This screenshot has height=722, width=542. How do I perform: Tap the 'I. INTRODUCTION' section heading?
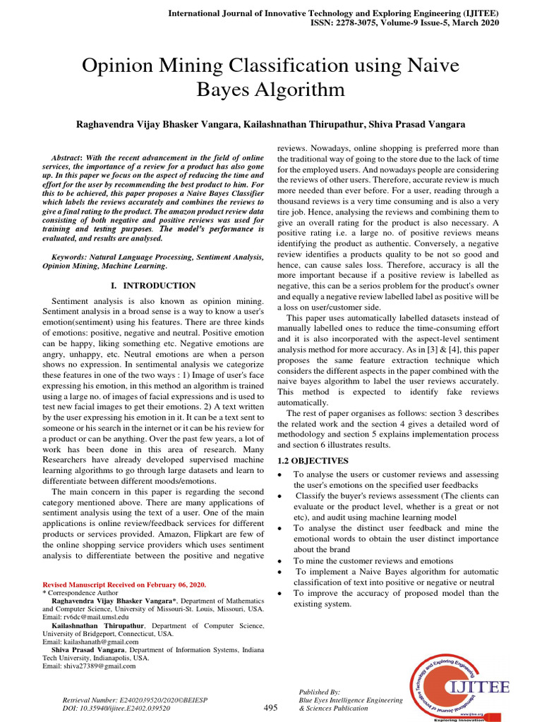point(154,286)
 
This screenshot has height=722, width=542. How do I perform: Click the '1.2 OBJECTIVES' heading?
point(313,460)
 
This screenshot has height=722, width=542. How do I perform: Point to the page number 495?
point(270,708)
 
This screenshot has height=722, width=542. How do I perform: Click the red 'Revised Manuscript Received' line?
point(124,585)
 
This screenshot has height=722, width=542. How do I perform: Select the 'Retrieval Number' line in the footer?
point(135,700)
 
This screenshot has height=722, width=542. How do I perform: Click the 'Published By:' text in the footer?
point(320,692)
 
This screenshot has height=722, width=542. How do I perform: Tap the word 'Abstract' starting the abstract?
point(67,157)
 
